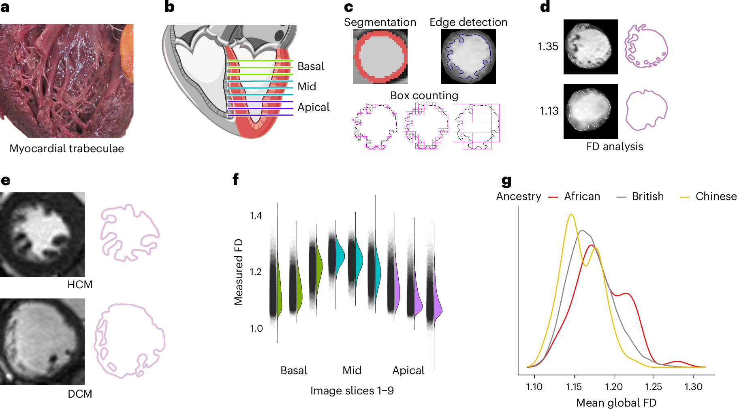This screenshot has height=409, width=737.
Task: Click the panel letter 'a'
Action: click(5, 7)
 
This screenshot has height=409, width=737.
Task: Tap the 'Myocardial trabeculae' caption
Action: click(66, 149)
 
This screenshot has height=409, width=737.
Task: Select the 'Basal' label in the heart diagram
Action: click(311, 66)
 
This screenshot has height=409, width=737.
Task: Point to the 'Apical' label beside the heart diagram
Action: click(313, 107)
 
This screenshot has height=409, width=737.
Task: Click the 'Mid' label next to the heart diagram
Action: click(306, 87)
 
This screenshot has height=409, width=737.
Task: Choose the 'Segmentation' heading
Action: click(380, 22)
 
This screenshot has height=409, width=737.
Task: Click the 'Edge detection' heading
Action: click(468, 22)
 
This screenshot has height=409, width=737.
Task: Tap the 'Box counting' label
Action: click(424, 96)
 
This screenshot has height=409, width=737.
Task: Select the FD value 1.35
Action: click(548, 47)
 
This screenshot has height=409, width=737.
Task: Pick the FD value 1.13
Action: click(549, 111)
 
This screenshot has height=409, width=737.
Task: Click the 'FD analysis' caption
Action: click(614, 147)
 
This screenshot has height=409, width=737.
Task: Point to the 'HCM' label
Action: click(80, 285)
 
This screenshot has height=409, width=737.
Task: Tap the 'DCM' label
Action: click(80, 394)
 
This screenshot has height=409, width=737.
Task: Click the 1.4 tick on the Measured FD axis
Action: click(256, 215)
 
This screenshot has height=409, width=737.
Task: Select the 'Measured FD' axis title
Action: click(239, 272)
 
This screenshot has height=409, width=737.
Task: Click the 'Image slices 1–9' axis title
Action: click(352, 391)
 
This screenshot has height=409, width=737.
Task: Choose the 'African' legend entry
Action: click(582, 196)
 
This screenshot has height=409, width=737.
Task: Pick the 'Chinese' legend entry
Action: click(716, 196)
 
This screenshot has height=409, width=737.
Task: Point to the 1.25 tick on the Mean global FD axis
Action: click(653, 387)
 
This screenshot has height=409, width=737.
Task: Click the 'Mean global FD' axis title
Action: click(616, 403)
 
